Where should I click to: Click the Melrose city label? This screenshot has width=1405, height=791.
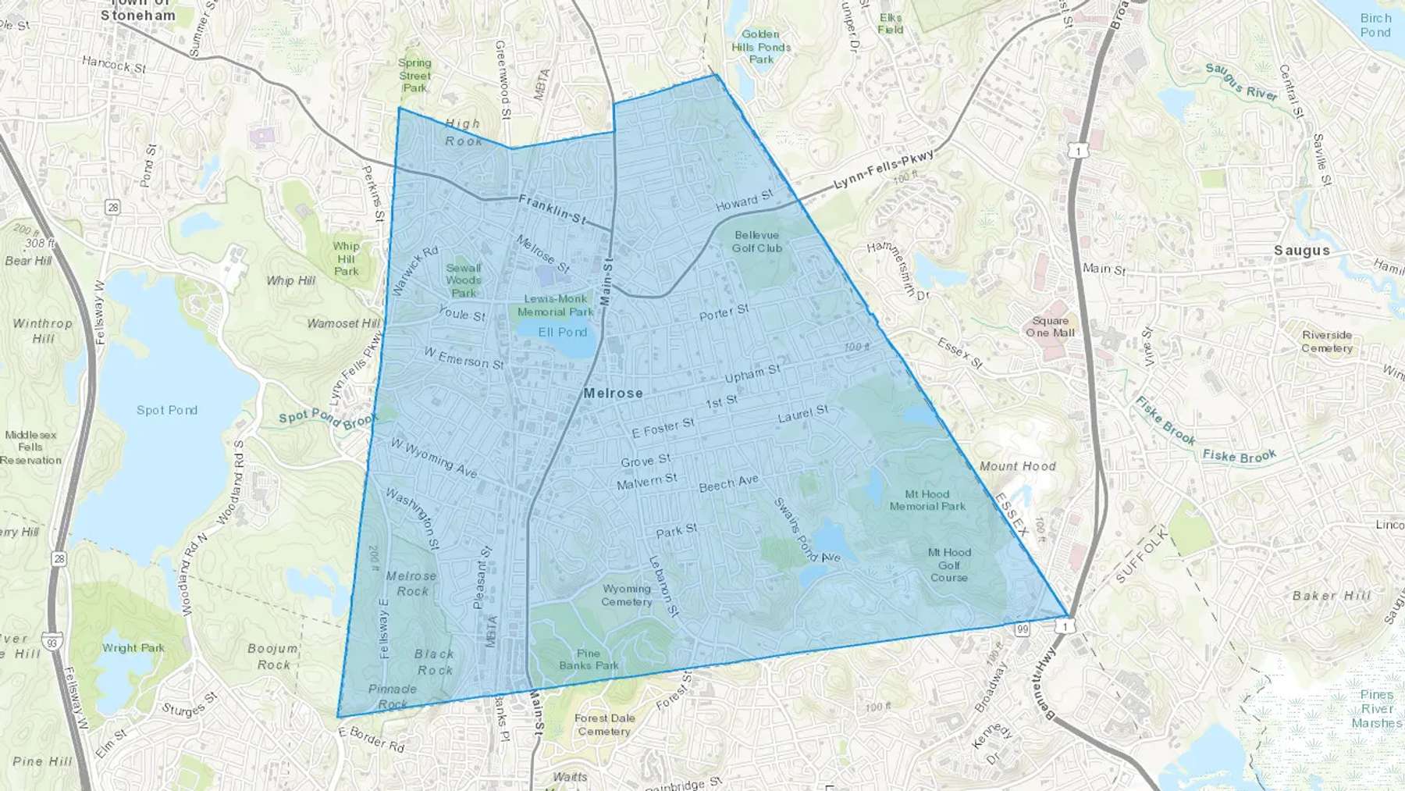pyautogui.click(x=614, y=393)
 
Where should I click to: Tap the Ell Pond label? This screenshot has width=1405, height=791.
pyautogui.click(x=562, y=332)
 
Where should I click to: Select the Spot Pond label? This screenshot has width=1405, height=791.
pyautogui.click(x=167, y=410)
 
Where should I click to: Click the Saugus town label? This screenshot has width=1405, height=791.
pyautogui.click(x=1302, y=251)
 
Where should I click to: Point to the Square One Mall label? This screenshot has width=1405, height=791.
pyautogui.click(x=1050, y=326)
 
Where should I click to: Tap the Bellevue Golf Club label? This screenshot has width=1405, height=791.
pyautogui.click(x=756, y=241)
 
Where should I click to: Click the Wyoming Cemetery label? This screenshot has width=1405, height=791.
pyautogui.click(x=627, y=595)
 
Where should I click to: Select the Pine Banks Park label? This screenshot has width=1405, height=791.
pyautogui.click(x=589, y=660)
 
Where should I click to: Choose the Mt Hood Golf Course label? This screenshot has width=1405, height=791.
pyautogui.click(x=949, y=565)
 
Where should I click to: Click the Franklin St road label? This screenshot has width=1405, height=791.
pyautogui.click(x=552, y=208)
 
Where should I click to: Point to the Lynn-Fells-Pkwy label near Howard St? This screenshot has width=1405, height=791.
pyautogui.click(x=884, y=170)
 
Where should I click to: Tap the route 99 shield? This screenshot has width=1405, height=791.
pyautogui.click(x=1023, y=629)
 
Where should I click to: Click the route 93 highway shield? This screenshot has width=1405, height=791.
pyautogui.click(x=52, y=642)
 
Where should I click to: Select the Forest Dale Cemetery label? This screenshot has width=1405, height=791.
pyautogui.click(x=604, y=725)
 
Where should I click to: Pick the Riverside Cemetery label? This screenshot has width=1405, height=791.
pyautogui.click(x=1327, y=342)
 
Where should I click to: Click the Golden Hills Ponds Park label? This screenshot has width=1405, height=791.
pyautogui.click(x=761, y=47)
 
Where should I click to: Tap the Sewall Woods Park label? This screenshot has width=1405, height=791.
pyautogui.click(x=464, y=280)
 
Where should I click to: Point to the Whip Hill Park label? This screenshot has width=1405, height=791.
pyautogui.click(x=346, y=258)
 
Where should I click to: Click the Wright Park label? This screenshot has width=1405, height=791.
pyautogui.click(x=133, y=647)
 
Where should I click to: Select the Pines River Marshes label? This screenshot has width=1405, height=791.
pyautogui.click(x=1376, y=708)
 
